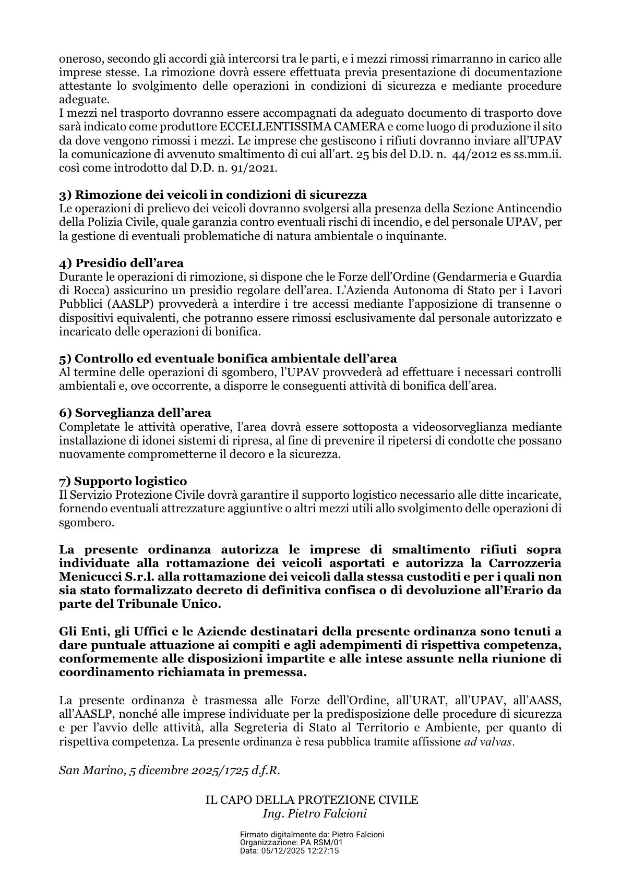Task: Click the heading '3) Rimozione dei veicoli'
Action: point(213,195)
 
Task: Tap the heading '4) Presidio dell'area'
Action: point(122,263)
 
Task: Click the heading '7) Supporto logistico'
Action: point(123,480)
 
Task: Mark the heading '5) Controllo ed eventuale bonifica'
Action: point(228,358)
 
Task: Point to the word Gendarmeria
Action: point(472,276)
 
